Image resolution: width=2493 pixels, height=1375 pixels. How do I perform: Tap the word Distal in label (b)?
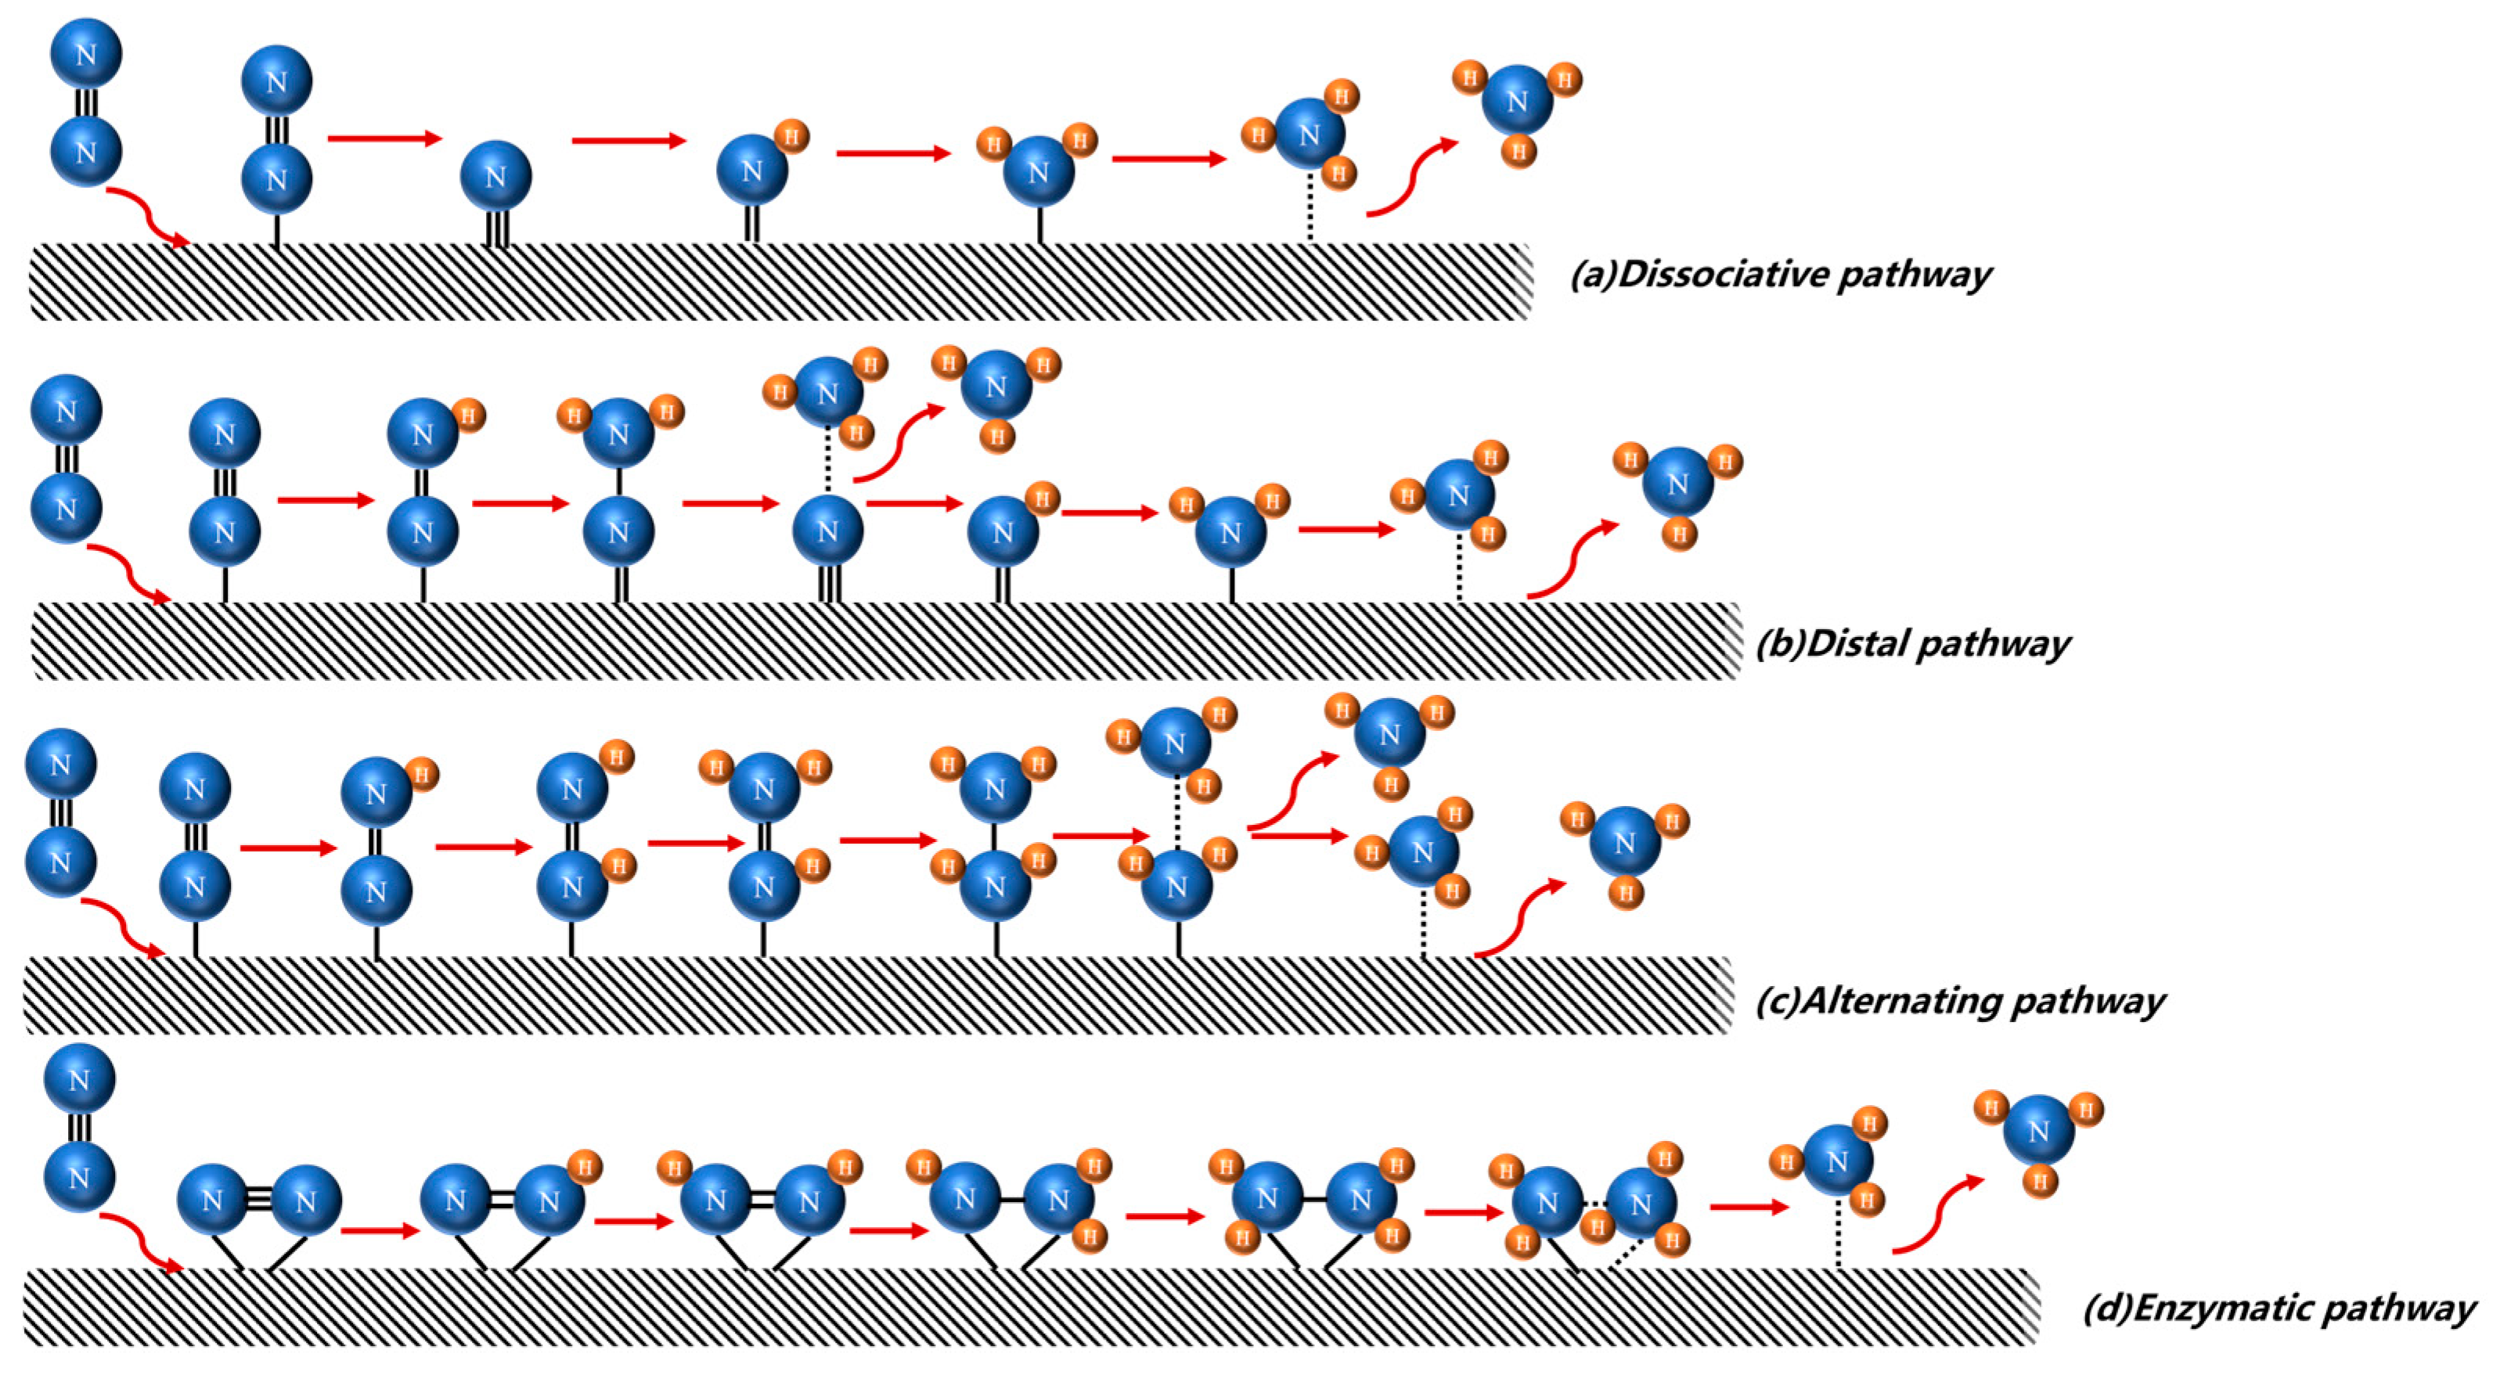coord(1856,643)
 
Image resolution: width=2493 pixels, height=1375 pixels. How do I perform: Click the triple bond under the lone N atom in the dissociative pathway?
coord(495,229)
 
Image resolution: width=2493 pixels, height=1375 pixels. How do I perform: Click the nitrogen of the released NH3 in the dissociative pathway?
coord(1516,101)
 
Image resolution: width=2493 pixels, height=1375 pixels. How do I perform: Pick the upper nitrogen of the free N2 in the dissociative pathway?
coord(86,53)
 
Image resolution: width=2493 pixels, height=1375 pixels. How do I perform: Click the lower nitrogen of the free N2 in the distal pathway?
coord(66,507)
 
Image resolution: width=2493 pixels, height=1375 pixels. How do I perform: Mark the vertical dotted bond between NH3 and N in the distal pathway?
coord(827,462)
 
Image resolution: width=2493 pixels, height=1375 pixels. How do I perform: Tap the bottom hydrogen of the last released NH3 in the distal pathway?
coord(1679,535)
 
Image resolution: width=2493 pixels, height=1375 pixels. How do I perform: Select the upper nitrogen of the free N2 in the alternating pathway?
coord(60,765)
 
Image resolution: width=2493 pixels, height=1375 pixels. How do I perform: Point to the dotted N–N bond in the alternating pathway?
coord(1176,814)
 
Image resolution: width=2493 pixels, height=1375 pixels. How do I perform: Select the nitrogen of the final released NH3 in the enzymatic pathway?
coord(2038,1131)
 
